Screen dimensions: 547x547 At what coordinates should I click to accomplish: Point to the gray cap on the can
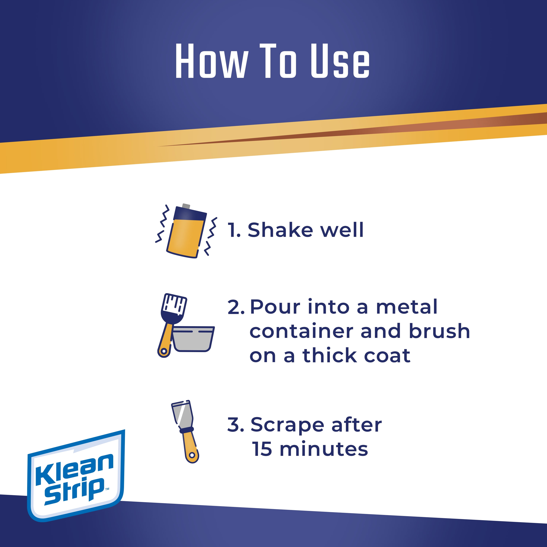pyautogui.click(x=186, y=206)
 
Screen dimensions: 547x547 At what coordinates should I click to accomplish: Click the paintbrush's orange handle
pyautogui.click(x=166, y=340)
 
